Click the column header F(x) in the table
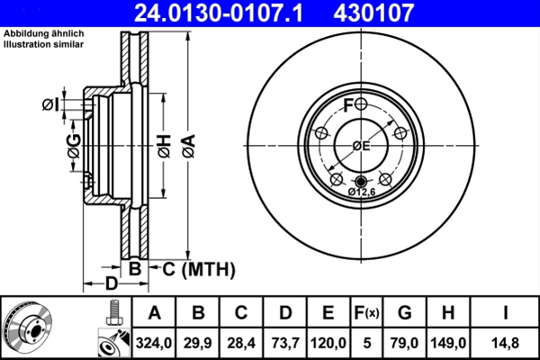click(x=367, y=313)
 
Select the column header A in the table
click(x=155, y=313)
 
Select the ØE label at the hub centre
click(x=361, y=146)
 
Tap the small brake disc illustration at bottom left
click(x=31, y=327)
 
